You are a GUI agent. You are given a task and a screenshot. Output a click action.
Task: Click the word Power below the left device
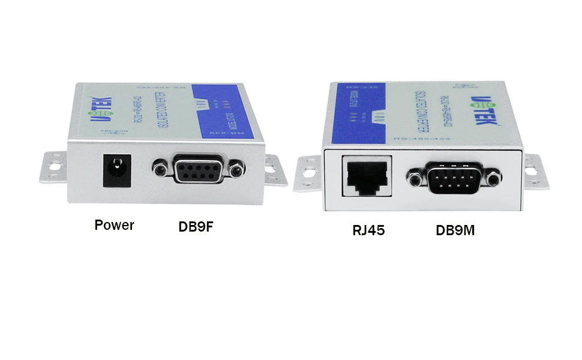click(x=114, y=226)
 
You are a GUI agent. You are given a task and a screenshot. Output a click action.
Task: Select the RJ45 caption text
click(x=368, y=230)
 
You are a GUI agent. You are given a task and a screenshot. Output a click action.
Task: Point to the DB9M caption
click(x=455, y=230)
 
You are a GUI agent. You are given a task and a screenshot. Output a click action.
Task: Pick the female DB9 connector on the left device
click(x=198, y=170)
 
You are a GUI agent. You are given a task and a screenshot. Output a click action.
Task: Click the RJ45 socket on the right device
click(x=367, y=176)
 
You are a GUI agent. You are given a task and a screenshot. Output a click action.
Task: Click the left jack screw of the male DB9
click(x=413, y=176)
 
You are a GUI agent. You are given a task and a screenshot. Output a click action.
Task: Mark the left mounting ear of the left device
click(x=54, y=167)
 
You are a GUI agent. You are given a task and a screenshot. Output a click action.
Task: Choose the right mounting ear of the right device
click(x=536, y=172)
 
